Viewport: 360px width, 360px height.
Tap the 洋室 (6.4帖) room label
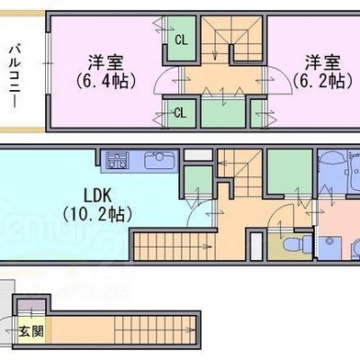(105, 71)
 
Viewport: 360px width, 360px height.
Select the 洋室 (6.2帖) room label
(323, 71)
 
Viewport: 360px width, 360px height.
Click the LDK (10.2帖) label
(98, 205)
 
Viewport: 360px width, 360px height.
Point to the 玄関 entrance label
(31, 332)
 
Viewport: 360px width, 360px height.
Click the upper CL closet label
(181, 40)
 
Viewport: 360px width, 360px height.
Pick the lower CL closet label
(180, 113)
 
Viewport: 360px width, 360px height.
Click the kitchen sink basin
(159, 160)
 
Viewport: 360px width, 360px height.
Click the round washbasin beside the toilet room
(330, 240)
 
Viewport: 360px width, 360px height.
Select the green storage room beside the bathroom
(290, 172)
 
